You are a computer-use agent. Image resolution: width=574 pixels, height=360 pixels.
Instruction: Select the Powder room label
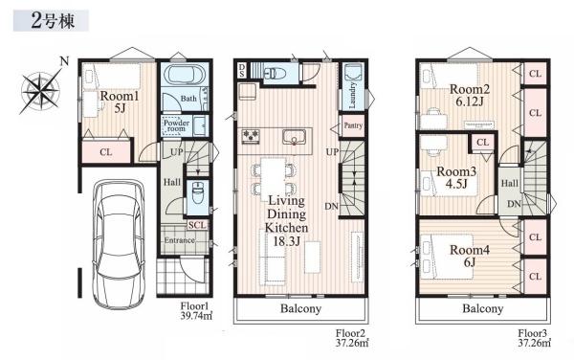click(176, 125)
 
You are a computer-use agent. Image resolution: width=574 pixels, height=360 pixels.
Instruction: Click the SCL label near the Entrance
click(197, 225)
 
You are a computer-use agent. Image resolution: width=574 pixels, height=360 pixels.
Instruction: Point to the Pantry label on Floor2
click(353, 125)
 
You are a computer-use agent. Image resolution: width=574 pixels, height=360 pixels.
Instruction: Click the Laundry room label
click(352, 96)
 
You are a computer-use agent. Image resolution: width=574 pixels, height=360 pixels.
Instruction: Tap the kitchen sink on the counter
click(294, 137)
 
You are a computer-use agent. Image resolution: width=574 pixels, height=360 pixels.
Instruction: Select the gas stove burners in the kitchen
click(251, 135)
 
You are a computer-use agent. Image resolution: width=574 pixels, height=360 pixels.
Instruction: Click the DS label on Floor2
click(242, 70)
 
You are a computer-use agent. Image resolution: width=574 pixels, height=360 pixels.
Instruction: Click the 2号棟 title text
click(53, 20)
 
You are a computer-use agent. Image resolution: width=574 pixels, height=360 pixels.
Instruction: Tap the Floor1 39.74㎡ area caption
click(196, 311)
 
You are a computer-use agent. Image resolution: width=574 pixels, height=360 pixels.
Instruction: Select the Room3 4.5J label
click(457, 177)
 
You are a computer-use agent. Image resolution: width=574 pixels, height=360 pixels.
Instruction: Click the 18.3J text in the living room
click(287, 241)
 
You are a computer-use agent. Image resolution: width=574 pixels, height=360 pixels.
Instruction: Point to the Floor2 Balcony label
click(301, 308)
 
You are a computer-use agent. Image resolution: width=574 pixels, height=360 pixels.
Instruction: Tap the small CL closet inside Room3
click(482, 142)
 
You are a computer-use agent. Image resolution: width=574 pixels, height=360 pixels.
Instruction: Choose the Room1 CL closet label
click(106, 152)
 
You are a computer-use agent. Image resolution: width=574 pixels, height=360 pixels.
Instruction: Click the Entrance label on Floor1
click(179, 240)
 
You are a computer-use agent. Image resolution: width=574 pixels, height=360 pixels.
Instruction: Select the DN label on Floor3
click(514, 204)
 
